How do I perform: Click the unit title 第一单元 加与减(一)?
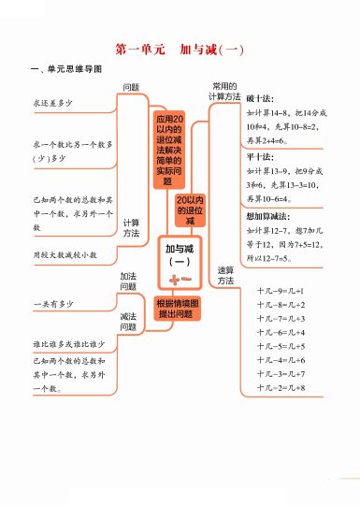180,49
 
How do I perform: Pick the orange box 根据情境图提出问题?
178,308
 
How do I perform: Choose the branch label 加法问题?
129,281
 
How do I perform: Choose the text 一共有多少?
53,305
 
